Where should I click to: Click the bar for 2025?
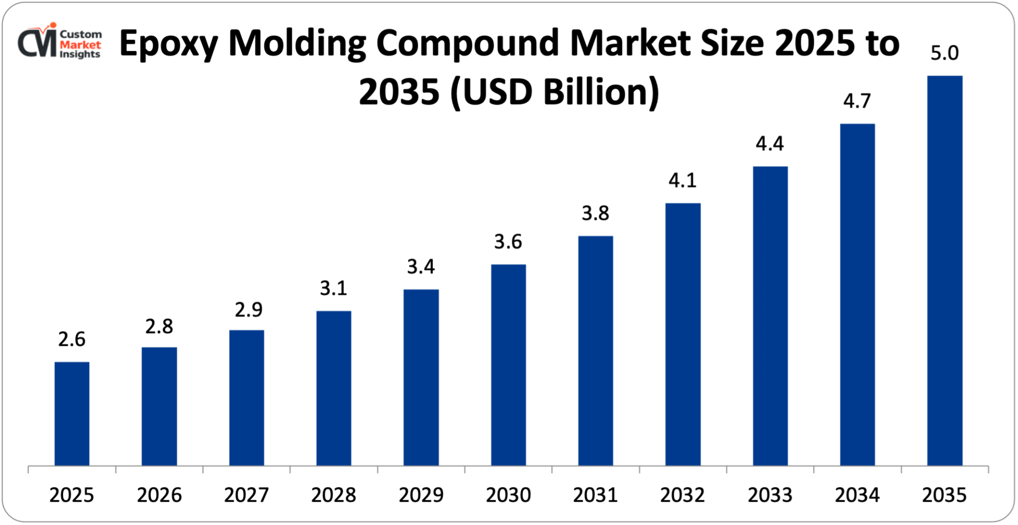tap(72, 413)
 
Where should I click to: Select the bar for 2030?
tap(508, 365)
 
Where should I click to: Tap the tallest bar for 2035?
tap(945, 270)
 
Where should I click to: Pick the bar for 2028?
tap(333, 388)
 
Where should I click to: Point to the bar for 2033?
tap(770, 316)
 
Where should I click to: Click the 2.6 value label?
tap(72, 339)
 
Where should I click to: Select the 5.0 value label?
tap(945, 53)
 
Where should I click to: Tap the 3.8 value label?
tap(596, 213)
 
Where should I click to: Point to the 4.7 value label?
tap(857, 101)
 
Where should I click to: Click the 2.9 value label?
tap(248, 310)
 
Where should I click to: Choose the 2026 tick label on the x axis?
tap(159, 495)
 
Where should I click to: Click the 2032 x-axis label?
tap(683, 495)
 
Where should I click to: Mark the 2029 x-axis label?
tap(421, 495)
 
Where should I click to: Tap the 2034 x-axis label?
tap(857, 495)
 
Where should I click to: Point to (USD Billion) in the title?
tap(555, 92)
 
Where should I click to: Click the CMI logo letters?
tap(37, 43)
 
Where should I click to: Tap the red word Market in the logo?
tap(80, 44)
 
